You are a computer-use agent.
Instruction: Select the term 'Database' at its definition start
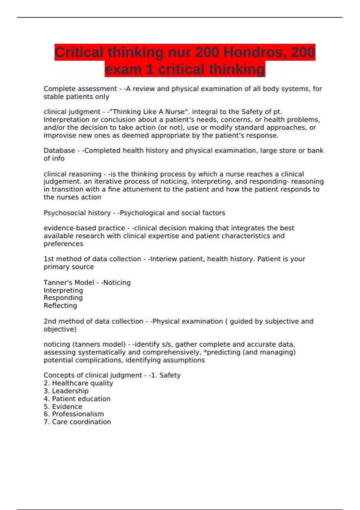(59, 151)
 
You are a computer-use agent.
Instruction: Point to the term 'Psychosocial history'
(77, 213)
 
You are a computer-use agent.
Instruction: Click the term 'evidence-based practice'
(84, 228)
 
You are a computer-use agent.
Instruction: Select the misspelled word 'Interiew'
(163, 259)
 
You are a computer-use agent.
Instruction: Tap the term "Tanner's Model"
(69, 283)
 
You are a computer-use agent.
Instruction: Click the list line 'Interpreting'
(63, 290)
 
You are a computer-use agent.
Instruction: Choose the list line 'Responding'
(63, 298)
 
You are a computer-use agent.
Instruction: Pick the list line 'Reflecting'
(60, 306)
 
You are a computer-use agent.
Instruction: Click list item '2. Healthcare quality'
(78, 383)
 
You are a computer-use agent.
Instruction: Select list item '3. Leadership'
(66, 391)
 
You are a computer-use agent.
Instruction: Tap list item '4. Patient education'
(77, 399)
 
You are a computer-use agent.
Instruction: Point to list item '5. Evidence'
(63, 406)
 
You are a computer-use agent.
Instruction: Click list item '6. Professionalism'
(74, 414)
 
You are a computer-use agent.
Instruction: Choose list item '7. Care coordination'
(77, 422)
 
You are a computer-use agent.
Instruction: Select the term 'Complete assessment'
(80, 89)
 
